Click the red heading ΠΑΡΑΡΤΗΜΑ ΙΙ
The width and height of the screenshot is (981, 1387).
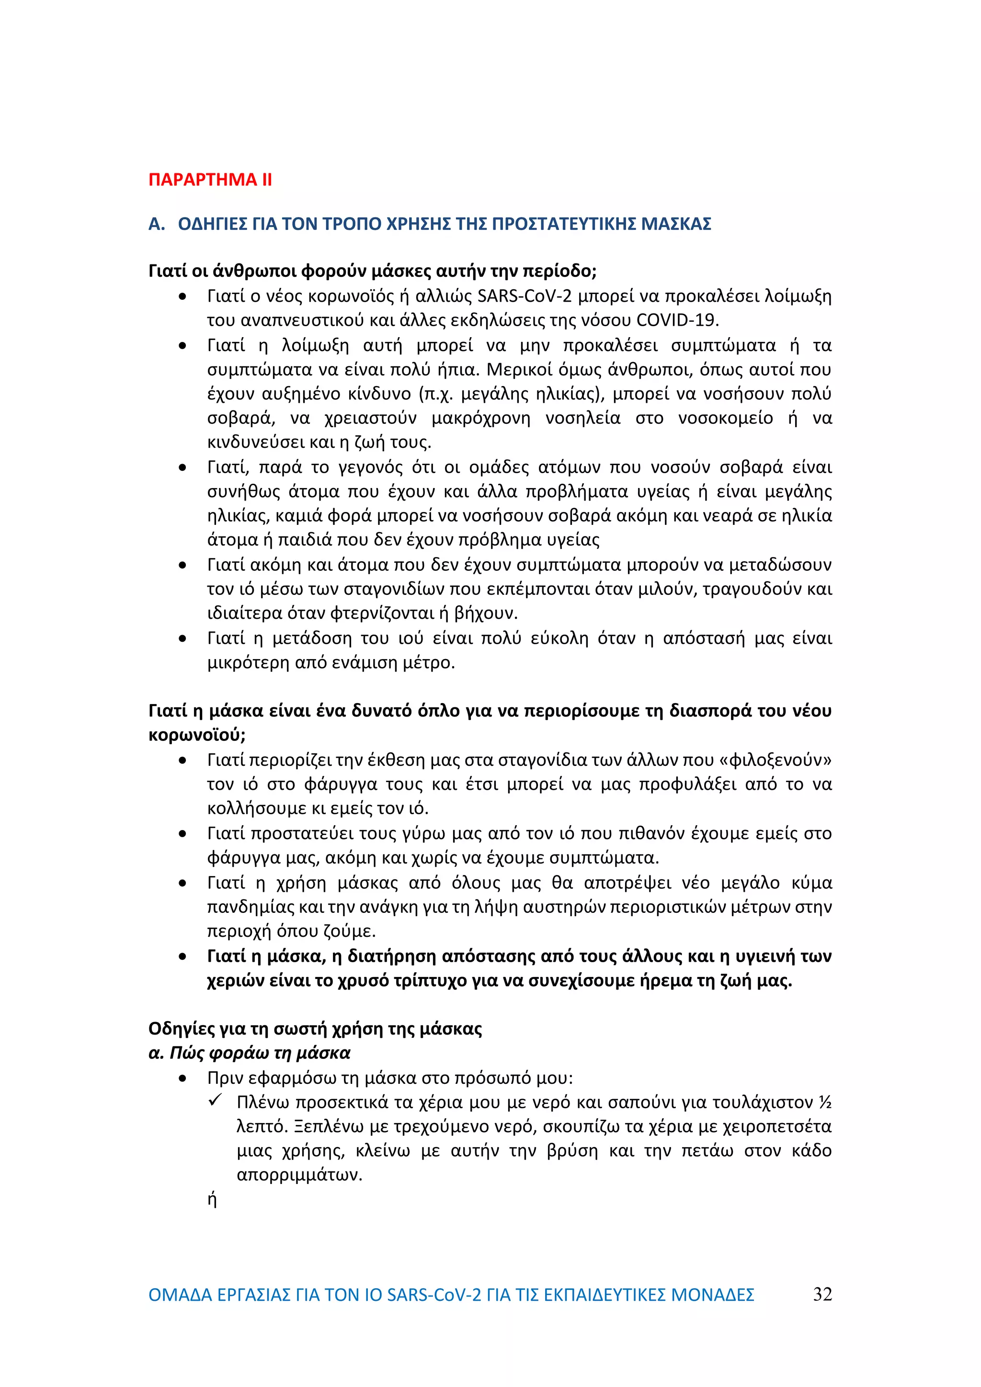210,180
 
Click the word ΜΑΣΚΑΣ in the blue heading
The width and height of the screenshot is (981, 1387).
675,224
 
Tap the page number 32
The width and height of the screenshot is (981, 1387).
822,1294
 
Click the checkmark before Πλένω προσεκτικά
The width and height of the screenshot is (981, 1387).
215,1100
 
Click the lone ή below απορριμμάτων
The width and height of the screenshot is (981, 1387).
212,1199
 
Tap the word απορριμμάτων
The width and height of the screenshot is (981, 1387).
299,1175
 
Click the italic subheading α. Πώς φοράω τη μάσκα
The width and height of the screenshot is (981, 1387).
250,1053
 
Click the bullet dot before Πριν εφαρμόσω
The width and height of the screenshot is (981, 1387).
183,1078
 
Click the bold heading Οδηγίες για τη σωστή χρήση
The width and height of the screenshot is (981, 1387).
315,1028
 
